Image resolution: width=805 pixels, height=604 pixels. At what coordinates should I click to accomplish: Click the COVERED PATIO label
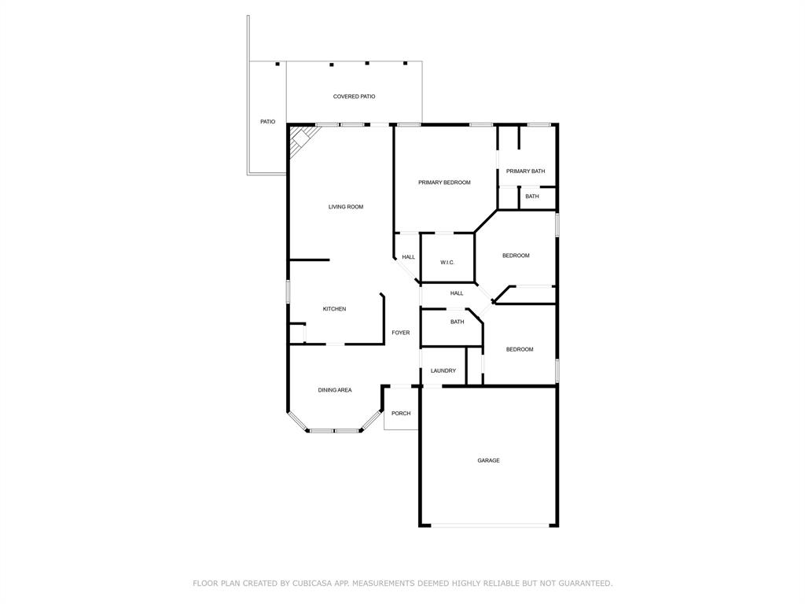coord(354,97)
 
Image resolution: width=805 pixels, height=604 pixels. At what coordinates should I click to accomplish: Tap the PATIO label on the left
coord(268,122)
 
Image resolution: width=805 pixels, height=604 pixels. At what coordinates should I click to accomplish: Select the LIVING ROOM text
coord(346,207)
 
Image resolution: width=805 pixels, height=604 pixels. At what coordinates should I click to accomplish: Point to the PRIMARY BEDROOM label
coord(444,182)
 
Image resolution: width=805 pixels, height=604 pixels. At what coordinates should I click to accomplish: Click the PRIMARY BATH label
coord(525,171)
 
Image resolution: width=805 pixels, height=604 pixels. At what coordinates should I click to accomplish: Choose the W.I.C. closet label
coord(447,263)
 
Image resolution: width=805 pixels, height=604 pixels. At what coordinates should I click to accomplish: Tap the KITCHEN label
coord(334,309)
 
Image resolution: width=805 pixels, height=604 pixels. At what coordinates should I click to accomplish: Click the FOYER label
coord(401,333)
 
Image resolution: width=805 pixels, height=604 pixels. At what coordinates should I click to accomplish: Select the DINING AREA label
coord(335,390)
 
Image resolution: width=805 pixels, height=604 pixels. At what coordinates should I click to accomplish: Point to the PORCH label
coord(401,414)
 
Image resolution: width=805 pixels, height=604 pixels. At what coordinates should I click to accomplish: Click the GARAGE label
coord(488,461)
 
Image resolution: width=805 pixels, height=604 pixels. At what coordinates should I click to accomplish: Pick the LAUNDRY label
coord(443,371)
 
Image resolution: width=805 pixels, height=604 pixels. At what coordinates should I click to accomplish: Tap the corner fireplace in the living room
coord(300,142)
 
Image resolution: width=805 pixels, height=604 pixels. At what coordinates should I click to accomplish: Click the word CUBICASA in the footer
coord(311,584)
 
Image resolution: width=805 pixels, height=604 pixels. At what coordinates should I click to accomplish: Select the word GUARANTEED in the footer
coord(584,584)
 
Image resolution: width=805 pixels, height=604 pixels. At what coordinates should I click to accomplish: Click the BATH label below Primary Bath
coord(532,197)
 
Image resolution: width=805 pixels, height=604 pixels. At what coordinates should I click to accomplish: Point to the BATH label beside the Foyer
coord(457,322)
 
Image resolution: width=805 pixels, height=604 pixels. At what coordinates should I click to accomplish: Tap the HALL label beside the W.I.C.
coord(409,257)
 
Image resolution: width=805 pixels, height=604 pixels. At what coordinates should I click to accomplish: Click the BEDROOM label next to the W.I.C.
coord(516,256)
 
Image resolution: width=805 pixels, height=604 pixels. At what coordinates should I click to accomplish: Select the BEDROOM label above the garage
coord(520,349)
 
